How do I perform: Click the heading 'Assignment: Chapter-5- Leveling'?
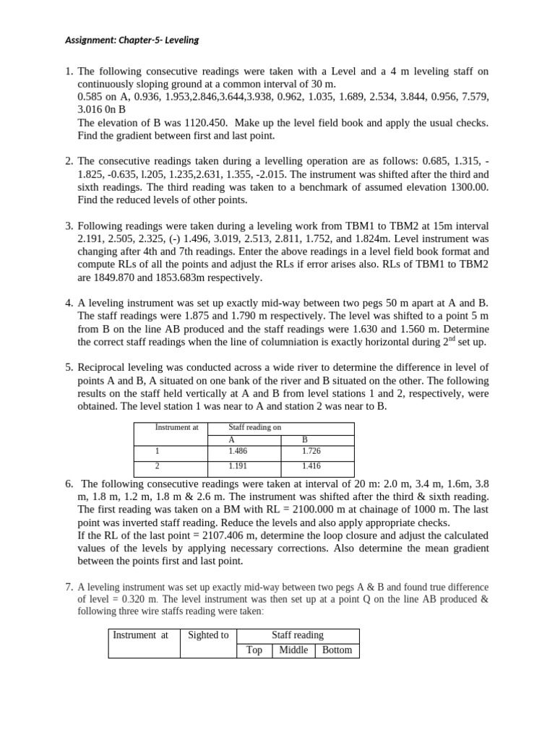(x=132, y=40)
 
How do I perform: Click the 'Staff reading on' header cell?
(x=254, y=427)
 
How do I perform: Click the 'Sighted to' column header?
(x=208, y=635)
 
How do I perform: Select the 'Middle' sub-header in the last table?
(x=293, y=650)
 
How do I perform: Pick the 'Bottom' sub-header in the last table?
(x=337, y=650)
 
